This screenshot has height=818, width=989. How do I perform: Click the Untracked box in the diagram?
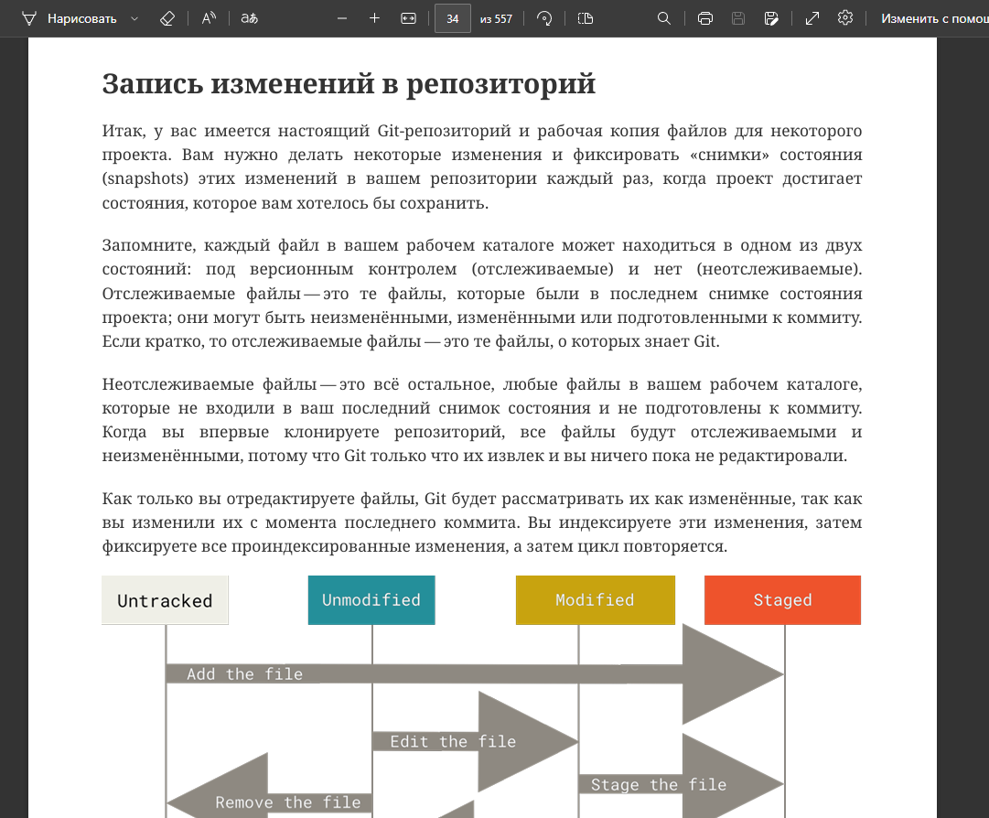coord(165,600)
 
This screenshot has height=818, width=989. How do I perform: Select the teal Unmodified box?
coord(371,600)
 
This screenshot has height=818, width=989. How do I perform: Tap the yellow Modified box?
coord(595,600)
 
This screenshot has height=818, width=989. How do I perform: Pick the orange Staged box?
coord(782,600)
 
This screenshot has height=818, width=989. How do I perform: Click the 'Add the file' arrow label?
coord(244,674)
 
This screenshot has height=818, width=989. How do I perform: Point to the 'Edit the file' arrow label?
coord(453,741)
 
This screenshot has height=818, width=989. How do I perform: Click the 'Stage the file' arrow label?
coord(658,785)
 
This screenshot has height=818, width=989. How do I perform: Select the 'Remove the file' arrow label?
coord(287,802)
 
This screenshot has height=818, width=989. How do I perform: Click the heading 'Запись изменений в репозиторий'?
coord(349,83)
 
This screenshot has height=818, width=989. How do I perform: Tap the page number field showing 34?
coord(452,18)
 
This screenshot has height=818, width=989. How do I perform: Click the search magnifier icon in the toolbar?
coord(664,18)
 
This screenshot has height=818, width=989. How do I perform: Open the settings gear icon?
coord(845,18)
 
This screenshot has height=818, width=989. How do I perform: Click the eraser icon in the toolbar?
coord(166,18)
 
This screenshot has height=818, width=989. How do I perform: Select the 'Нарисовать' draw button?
coord(81,18)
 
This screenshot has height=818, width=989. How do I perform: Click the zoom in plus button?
coord(374,18)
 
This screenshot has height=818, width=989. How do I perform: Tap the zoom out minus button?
coord(342,18)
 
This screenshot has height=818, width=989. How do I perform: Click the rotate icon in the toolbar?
coord(544,18)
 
